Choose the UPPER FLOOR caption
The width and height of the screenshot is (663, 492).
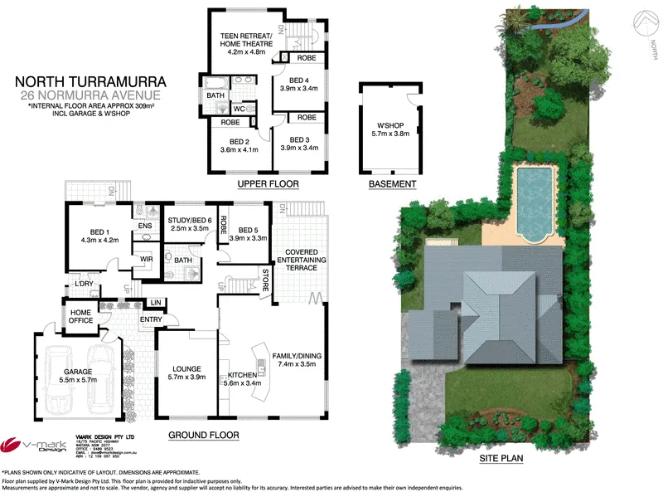[x=268, y=183]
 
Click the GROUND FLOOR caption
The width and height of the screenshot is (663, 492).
[x=203, y=436]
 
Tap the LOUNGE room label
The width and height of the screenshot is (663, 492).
[x=186, y=373]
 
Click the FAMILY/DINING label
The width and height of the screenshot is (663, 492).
[x=298, y=362]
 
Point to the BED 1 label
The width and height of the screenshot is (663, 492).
[x=101, y=235]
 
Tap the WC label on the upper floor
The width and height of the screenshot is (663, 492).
[x=261, y=109]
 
